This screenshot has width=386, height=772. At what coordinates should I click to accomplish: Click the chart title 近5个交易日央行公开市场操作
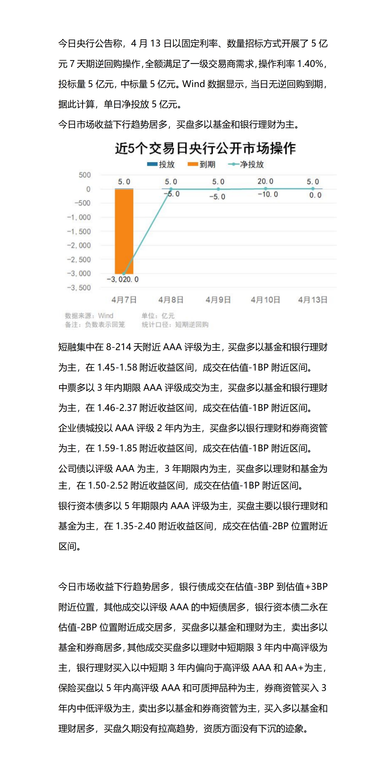click(205, 148)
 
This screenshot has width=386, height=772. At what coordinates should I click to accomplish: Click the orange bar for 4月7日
click(124, 231)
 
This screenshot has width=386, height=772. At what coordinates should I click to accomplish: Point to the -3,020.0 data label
click(123, 280)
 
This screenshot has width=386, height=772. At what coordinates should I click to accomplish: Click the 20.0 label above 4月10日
click(265, 181)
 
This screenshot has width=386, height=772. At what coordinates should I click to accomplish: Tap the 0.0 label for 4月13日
click(315, 195)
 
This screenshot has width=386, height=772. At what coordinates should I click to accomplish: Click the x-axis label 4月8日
click(171, 300)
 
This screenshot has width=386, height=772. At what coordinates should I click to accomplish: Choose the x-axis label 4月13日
click(313, 300)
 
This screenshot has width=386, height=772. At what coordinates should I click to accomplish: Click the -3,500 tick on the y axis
click(79, 288)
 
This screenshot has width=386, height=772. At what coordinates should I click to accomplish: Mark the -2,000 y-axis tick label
click(79, 245)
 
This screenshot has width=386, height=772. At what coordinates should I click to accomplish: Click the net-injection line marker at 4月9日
click(218, 189)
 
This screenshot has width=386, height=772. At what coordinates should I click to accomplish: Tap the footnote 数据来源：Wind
click(89, 316)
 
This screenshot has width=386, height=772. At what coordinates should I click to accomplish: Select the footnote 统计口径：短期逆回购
click(175, 325)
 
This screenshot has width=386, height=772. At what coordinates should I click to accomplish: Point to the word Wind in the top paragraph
click(193, 84)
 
